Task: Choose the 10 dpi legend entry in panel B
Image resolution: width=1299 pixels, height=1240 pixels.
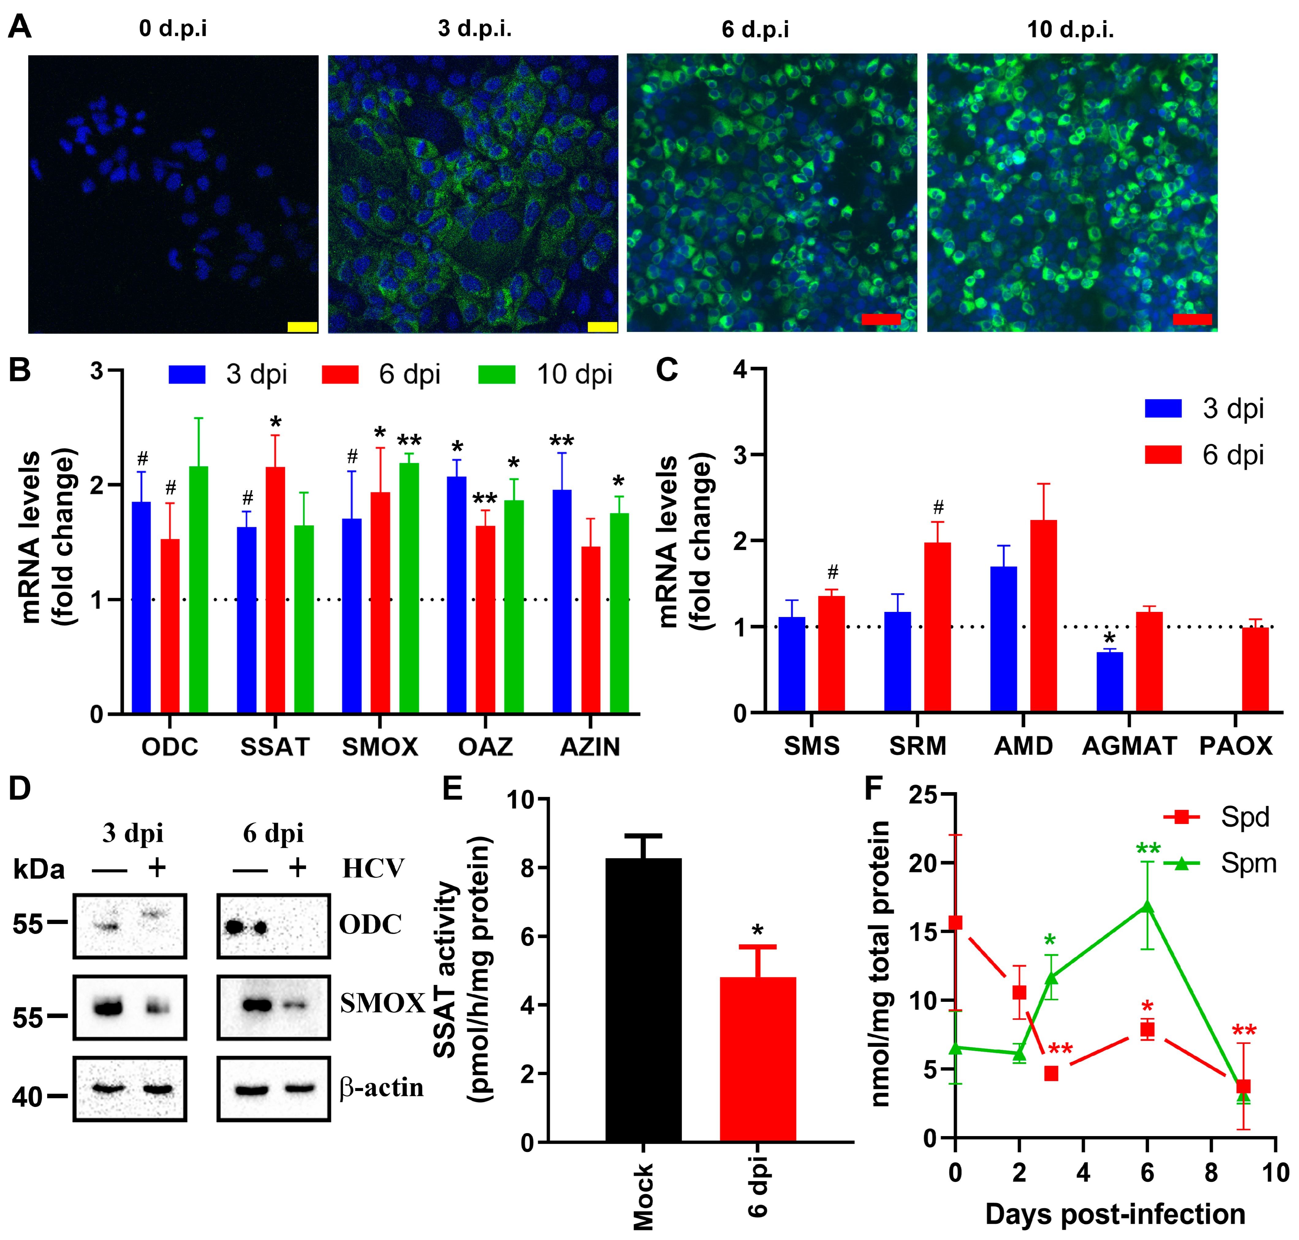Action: click(x=545, y=374)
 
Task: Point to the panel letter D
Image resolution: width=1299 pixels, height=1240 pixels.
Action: click(x=20, y=788)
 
